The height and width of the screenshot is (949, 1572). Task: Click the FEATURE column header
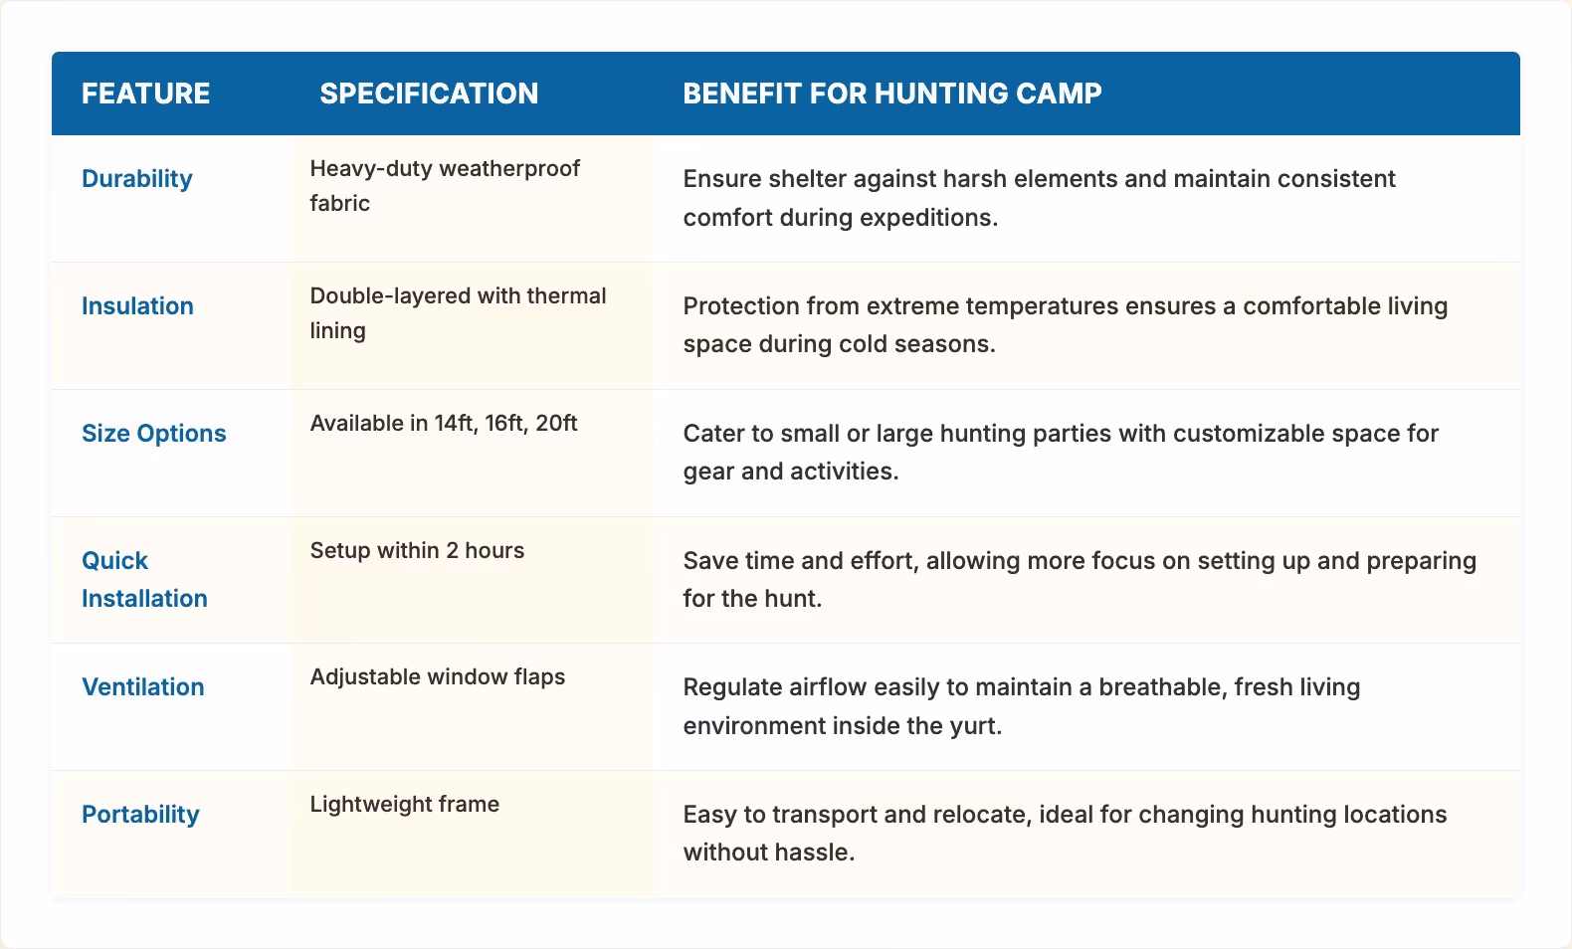pyautogui.click(x=145, y=94)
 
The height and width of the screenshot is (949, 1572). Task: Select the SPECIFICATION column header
pyautogui.click(x=429, y=94)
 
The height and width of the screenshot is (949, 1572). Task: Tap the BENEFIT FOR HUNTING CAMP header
pyautogui.click(x=891, y=94)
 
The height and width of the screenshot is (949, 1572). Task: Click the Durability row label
pyautogui.click(x=137, y=179)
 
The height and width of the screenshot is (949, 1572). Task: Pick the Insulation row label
pyautogui.click(x=137, y=306)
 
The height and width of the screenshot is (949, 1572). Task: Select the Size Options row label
pyautogui.click(x=153, y=434)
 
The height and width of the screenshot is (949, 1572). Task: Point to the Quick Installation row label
pyautogui.click(x=144, y=579)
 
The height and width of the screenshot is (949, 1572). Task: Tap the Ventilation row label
pyautogui.click(x=142, y=687)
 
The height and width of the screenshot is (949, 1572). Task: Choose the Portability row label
pyautogui.click(x=140, y=815)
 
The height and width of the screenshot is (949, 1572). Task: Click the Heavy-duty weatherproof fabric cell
pyautogui.click(x=445, y=185)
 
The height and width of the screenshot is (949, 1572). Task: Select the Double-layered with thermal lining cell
pyautogui.click(x=458, y=312)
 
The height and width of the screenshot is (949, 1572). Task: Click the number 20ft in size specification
pyautogui.click(x=556, y=424)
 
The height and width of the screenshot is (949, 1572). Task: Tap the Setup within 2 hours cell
pyautogui.click(x=417, y=551)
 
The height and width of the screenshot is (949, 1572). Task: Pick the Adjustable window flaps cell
pyautogui.click(x=437, y=677)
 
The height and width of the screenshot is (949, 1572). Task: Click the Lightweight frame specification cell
pyautogui.click(x=404, y=805)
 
